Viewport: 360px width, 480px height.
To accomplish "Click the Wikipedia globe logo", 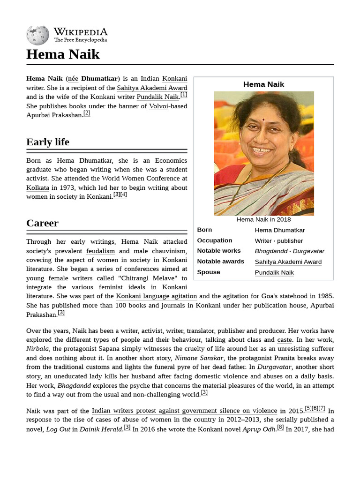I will [37, 35].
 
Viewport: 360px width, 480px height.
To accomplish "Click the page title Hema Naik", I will [63, 54].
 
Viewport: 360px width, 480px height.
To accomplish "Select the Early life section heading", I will [48, 142].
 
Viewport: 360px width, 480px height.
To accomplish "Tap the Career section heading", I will [43, 223].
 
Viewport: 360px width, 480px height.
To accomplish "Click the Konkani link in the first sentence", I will [174, 79].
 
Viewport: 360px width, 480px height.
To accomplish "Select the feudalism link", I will [100, 251].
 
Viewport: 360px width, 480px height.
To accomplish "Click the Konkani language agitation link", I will [157, 296].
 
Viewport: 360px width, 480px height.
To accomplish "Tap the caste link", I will [285, 340].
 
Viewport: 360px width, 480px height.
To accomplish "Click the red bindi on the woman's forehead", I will [264, 120].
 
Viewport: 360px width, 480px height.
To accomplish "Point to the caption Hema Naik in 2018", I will [263, 219].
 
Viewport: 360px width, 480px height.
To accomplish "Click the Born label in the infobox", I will [204, 230].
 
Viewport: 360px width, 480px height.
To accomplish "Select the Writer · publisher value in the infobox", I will [278, 241].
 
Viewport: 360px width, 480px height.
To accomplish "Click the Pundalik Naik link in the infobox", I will [274, 272].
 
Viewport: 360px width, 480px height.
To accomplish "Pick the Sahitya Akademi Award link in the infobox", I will [288, 262].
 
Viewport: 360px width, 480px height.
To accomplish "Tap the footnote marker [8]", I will [280, 427].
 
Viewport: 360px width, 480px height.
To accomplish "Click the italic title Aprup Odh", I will [258, 429].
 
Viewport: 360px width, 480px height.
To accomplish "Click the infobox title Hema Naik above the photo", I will [263, 84].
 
